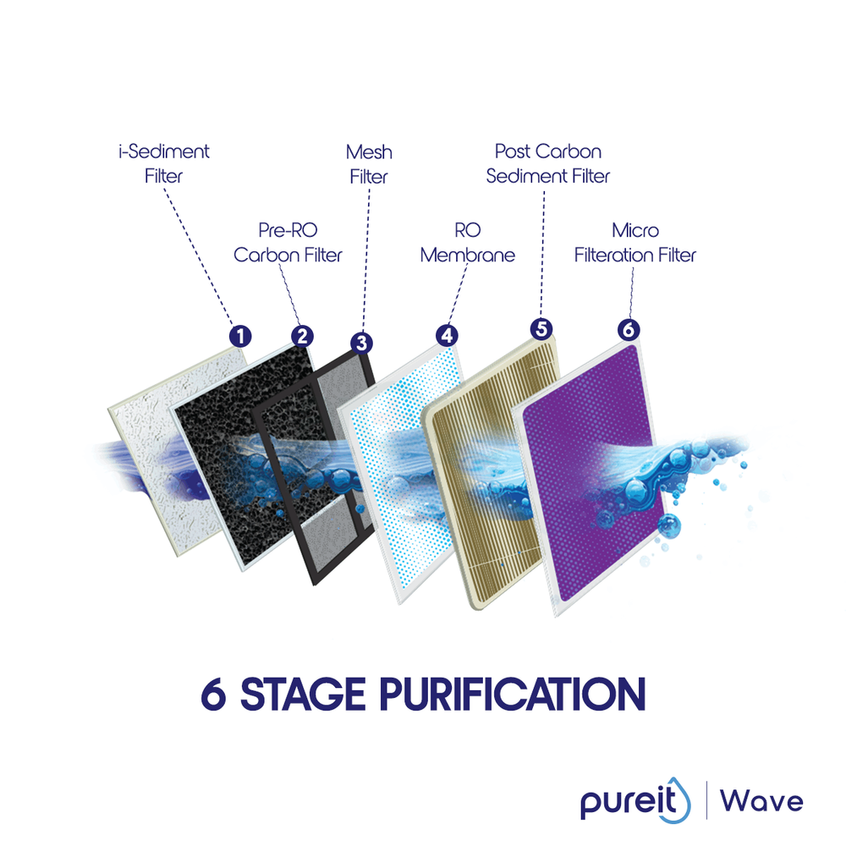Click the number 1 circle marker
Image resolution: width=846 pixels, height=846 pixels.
[241, 336]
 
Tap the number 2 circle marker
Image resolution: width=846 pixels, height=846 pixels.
[302, 336]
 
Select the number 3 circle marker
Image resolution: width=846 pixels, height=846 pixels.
[361, 343]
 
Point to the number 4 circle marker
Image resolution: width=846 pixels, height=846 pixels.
[446, 335]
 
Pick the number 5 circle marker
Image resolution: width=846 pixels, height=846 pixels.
[541, 329]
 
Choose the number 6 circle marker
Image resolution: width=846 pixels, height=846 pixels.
[628, 330]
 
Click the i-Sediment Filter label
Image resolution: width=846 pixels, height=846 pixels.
[163, 164]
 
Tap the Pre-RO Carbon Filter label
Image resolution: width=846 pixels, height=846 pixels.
[288, 242]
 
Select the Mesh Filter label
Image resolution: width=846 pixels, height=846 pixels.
[369, 164]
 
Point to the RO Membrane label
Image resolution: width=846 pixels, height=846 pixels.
[467, 242]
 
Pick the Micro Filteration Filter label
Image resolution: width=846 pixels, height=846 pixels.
[634, 242]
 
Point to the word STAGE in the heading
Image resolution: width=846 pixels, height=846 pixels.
[300, 694]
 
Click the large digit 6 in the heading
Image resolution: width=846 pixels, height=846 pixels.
[214, 694]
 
